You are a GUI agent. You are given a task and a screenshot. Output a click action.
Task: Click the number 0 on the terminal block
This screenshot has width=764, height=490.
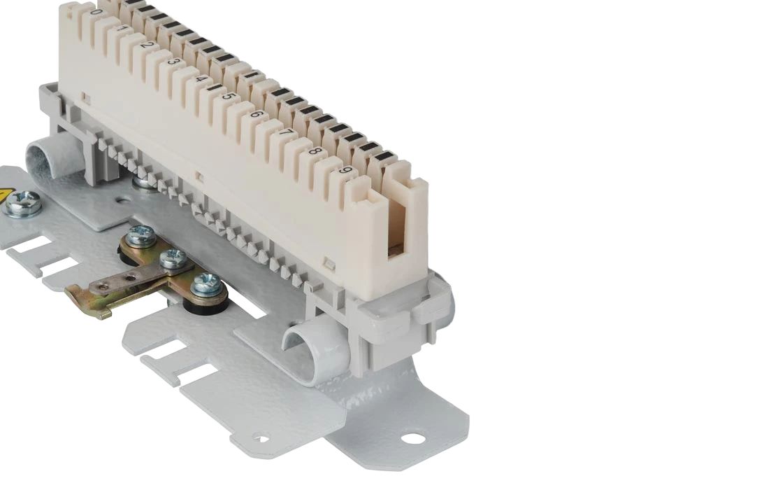coord(97,12)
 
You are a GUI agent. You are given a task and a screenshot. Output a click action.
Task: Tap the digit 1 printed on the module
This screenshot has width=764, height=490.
coord(123,29)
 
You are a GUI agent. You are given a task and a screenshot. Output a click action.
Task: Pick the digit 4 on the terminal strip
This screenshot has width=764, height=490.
coord(201,78)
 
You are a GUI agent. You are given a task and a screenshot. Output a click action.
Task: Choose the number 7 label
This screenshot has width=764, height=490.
coord(287,133)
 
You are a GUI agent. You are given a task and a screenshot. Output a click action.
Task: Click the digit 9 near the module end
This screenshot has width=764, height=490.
coord(346,171)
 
